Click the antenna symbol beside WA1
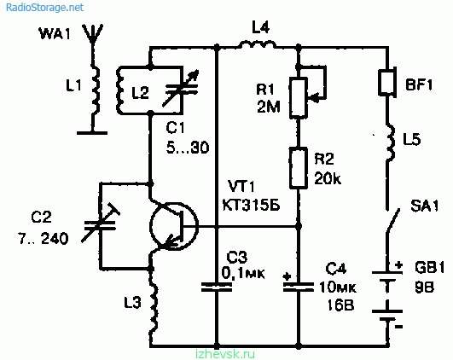(x=92, y=34)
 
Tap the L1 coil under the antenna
(x=95, y=90)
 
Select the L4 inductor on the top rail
(x=257, y=44)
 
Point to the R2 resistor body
(x=299, y=168)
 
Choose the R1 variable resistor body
(x=298, y=97)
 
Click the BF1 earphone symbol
(x=387, y=82)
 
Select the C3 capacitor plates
(x=217, y=287)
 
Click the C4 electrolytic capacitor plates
(x=299, y=286)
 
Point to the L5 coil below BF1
(x=390, y=142)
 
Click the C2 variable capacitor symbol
(x=101, y=224)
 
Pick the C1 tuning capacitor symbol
(x=182, y=89)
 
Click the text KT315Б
(x=251, y=206)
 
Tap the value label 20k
(x=328, y=178)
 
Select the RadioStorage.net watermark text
(x=44, y=7)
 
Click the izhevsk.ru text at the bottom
(x=225, y=354)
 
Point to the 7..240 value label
(x=44, y=239)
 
